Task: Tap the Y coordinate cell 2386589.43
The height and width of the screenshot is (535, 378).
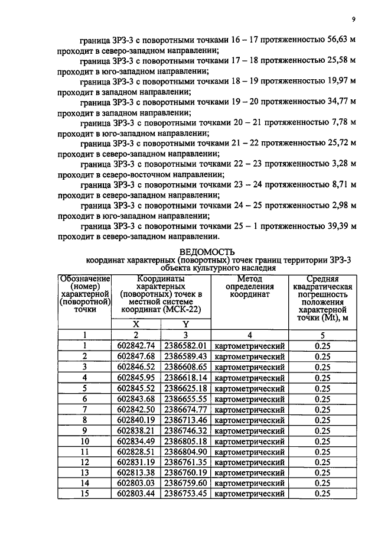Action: coord(185,356)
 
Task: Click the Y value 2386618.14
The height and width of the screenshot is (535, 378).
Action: coord(185,377)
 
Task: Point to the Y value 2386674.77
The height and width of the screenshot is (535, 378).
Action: coord(185,409)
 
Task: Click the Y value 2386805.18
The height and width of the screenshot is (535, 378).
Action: coord(185,441)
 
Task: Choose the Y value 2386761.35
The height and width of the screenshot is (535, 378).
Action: coord(185,462)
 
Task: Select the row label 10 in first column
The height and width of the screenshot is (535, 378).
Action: coord(84,441)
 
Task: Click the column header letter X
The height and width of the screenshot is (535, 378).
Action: coord(136,324)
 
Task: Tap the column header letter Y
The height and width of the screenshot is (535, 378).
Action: coord(185,324)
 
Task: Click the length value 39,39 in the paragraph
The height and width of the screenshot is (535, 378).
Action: coord(337,226)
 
